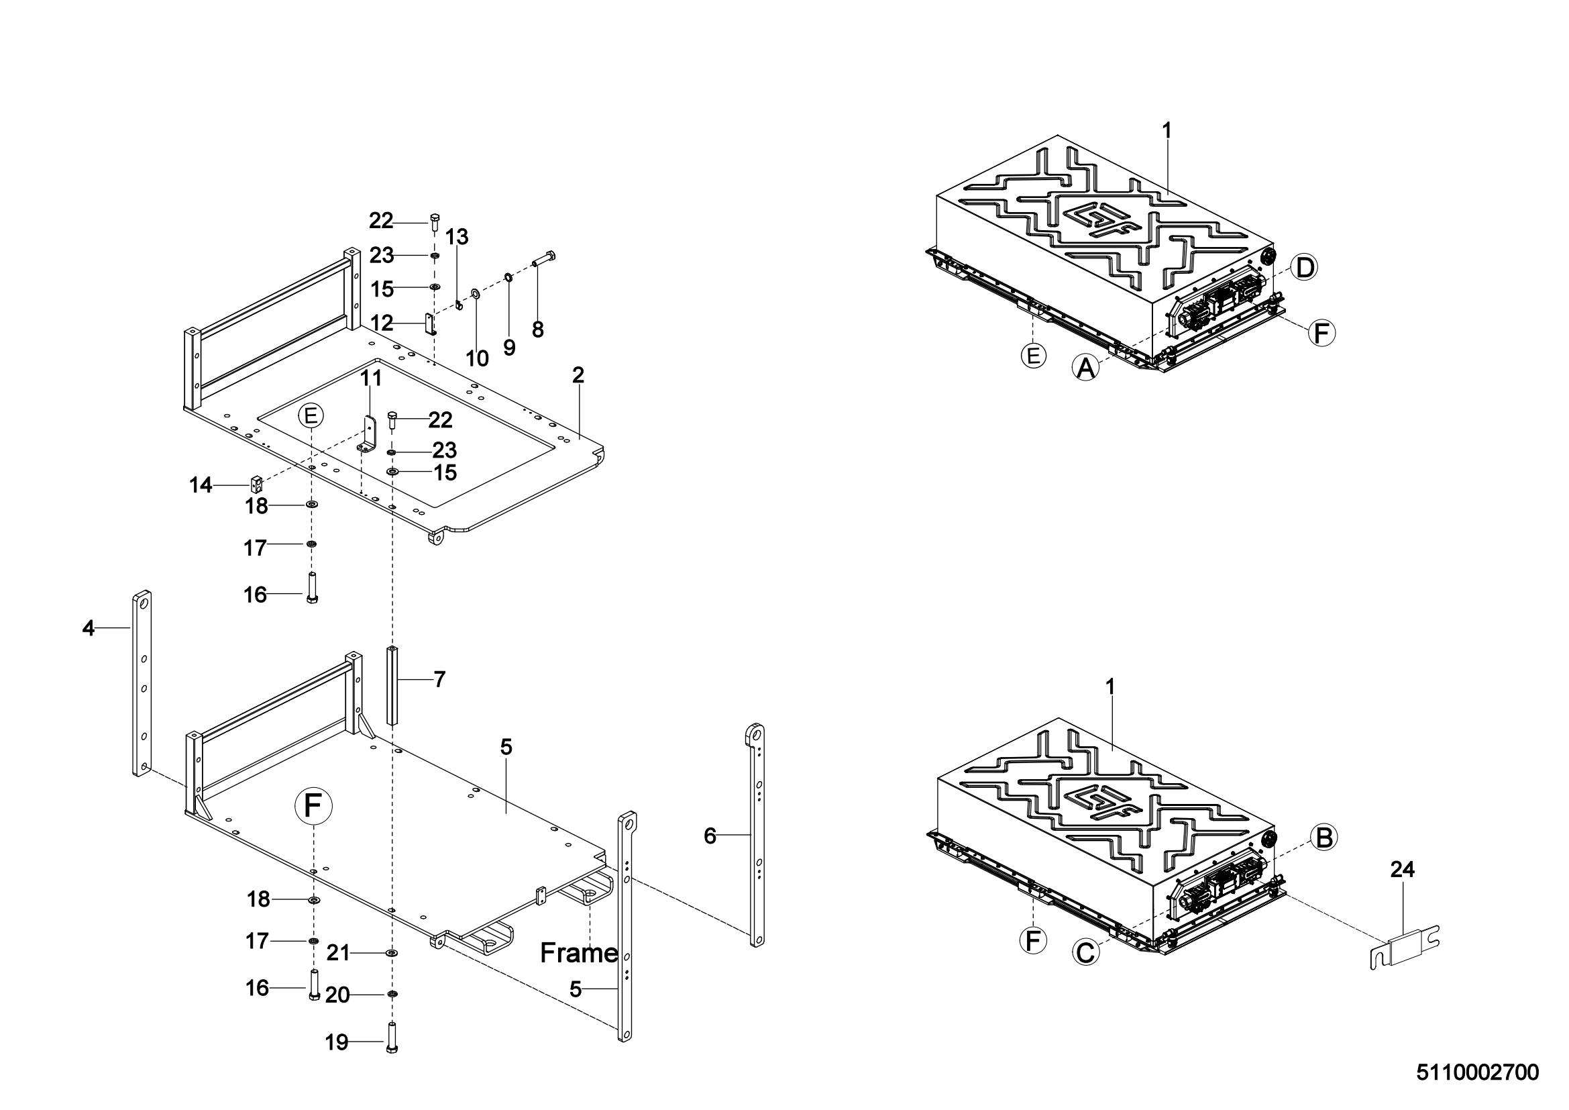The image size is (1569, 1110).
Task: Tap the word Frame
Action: tap(579, 953)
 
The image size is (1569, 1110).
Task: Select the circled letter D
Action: tap(1305, 267)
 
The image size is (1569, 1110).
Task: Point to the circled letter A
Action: tap(1085, 368)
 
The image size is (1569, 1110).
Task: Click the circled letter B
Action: tap(1323, 838)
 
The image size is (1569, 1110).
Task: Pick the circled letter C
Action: tap(1085, 952)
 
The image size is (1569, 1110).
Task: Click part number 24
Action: tap(1402, 869)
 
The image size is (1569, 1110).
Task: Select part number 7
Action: tap(439, 679)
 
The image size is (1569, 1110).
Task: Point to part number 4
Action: tap(88, 628)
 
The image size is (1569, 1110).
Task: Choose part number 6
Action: tap(710, 836)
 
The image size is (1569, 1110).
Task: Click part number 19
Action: tap(337, 1042)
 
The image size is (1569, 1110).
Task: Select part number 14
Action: tap(200, 485)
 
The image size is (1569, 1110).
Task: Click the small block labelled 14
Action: tap(256, 485)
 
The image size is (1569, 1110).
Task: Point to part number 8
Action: tap(538, 330)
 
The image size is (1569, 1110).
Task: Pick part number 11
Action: tap(371, 377)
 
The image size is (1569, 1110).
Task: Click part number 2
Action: tap(578, 374)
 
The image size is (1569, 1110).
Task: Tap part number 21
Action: tap(337, 952)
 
